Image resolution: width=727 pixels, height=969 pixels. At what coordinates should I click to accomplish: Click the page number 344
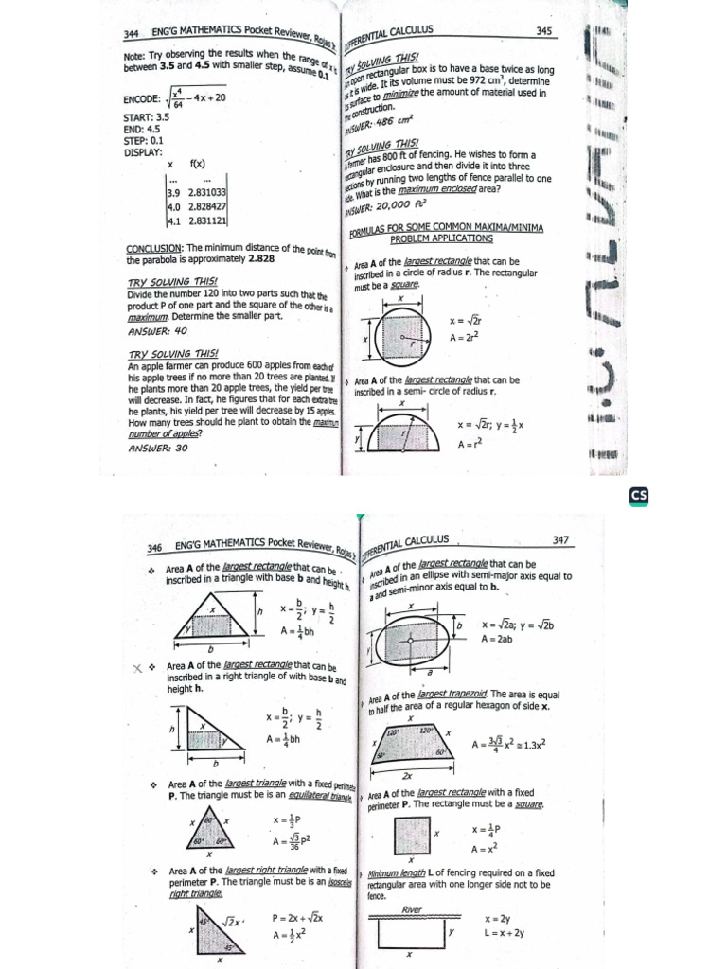click(133, 36)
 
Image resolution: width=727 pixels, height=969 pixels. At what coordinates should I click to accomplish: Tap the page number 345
click(543, 31)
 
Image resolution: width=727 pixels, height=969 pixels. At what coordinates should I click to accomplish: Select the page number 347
click(559, 539)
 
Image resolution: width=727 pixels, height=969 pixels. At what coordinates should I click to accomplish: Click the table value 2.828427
click(207, 206)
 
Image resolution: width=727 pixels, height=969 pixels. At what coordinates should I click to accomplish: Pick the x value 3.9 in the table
click(173, 191)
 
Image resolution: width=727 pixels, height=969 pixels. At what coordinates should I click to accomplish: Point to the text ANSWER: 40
click(157, 332)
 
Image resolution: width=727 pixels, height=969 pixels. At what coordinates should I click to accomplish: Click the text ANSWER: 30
click(157, 449)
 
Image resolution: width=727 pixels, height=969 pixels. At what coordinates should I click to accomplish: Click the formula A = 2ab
click(497, 640)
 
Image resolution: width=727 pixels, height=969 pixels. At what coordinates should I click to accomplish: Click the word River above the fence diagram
click(410, 908)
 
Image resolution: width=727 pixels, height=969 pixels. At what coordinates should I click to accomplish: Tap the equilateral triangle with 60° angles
click(211, 831)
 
